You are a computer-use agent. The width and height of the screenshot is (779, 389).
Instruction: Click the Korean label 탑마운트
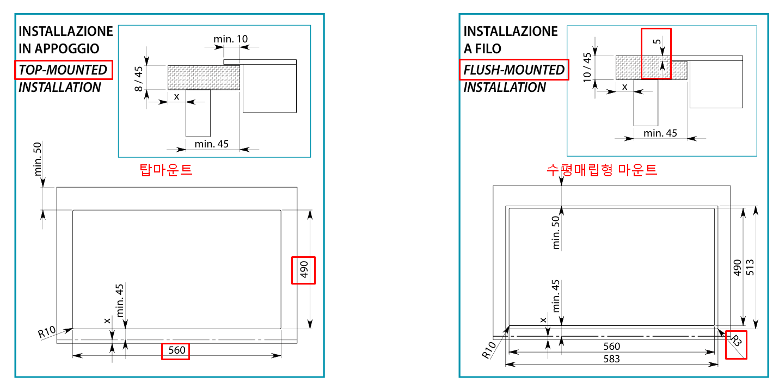tap(166, 170)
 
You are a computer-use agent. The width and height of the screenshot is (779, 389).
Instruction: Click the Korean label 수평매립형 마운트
tap(602, 170)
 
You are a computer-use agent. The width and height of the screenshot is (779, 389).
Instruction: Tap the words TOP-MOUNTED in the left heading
tap(63, 70)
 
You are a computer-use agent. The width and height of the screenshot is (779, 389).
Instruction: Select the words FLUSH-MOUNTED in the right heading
tap(514, 70)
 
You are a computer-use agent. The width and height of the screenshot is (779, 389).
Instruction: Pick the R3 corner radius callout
tap(735, 342)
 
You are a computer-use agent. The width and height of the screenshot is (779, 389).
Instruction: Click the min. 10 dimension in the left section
tap(231, 39)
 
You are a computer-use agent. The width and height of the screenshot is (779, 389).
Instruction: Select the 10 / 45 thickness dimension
tap(587, 67)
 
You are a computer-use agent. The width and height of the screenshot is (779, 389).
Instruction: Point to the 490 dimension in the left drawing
tap(304, 270)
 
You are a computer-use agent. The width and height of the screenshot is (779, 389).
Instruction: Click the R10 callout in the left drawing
tap(47, 332)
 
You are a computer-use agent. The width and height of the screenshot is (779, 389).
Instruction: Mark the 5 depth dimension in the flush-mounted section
tap(657, 42)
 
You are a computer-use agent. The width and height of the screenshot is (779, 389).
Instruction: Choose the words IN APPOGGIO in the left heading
tap(59, 48)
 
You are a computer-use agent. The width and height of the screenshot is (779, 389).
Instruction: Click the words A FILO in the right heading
tap(482, 48)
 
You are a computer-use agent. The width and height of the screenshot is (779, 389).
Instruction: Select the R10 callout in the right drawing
tap(489, 351)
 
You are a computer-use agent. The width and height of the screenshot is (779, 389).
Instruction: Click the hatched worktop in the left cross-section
tap(204, 77)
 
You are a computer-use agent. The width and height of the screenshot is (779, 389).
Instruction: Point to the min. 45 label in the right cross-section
tap(660, 133)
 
